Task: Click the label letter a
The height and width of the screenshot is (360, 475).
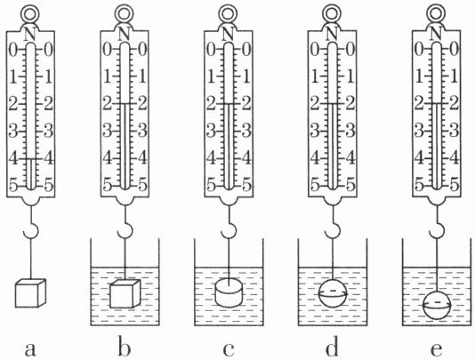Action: click(x=30, y=349)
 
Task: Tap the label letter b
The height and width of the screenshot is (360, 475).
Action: click(x=125, y=348)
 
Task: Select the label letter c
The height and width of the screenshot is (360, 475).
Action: click(x=228, y=349)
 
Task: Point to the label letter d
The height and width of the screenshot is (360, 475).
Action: click(x=333, y=348)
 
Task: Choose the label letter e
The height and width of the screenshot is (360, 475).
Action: click(x=436, y=349)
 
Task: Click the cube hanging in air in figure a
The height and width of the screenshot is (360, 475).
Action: click(x=30, y=293)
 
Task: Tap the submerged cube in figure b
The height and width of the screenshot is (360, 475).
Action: click(x=125, y=294)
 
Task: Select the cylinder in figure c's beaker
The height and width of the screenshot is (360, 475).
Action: click(x=229, y=292)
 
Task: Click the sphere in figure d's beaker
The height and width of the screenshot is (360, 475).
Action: click(x=333, y=294)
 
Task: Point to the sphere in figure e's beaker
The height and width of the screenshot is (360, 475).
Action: click(x=437, y=305)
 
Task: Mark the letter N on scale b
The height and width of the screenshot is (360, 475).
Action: click(x=125, y=34)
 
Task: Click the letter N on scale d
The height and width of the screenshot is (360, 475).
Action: click(x=333, y=34)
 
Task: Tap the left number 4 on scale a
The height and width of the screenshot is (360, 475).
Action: click(x=13, y=159)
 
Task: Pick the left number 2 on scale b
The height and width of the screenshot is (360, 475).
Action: click(x=108, y=104)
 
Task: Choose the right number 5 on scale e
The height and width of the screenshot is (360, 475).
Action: click(x=455, y=184)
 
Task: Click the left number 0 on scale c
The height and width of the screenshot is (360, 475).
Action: click(x=212, y=50)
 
